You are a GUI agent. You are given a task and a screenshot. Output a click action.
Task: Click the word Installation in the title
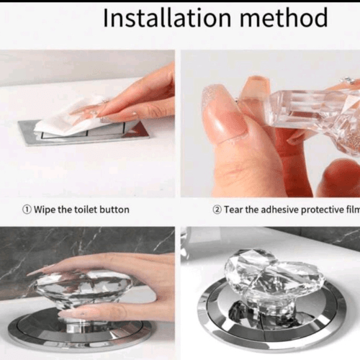[x=167, y=17]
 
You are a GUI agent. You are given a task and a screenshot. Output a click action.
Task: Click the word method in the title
[x=284, y=17]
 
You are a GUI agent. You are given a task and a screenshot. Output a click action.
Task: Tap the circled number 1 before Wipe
[x=27, y=210]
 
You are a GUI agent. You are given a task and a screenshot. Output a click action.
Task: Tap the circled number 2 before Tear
[x=217, y=210]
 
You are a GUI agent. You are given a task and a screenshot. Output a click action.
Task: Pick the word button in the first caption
[x=114, y=210]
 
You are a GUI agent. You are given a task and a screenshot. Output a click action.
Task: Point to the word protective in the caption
[x=323, y=210]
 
